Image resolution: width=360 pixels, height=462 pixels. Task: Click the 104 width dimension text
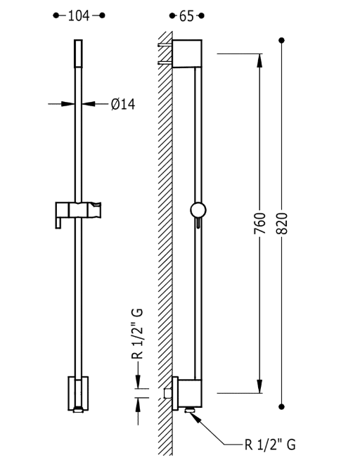pos(78,15)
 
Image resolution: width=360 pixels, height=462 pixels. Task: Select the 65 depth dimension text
pos(186,15)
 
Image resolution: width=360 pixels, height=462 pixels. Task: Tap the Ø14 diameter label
pos(122,104)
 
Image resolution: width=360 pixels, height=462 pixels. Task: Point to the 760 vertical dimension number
pos(259,223)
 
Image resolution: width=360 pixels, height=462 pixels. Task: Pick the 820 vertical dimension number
pos(283,223)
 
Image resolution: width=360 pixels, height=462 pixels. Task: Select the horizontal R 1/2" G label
pos(271,444)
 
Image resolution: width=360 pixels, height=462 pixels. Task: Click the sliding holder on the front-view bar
pos(78,210)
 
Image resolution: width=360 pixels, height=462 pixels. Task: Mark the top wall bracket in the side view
pos(187,53)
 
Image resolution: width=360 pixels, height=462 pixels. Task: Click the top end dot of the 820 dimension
pos(283,40)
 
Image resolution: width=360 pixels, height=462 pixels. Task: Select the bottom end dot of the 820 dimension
pos(283,406)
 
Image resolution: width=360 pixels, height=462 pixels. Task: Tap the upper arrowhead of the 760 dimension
pos(259,59)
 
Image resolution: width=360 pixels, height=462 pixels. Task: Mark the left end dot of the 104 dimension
pos(56,15)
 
